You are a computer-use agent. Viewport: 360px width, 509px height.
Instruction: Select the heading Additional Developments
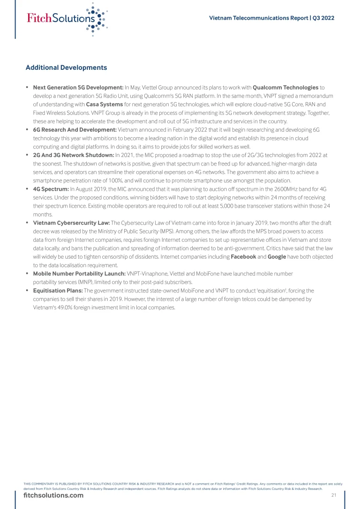66,67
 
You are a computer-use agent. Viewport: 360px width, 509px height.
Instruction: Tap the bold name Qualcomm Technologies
285,87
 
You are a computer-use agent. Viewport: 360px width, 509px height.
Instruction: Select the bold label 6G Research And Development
75,129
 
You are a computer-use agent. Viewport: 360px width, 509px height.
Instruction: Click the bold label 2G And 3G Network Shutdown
74,155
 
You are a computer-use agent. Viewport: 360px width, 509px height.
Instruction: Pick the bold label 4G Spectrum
51,188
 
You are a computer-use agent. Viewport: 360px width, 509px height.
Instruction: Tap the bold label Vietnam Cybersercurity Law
71,223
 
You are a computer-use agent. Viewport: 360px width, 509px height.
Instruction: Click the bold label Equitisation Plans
58,291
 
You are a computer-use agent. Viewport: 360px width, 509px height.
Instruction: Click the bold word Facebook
243,257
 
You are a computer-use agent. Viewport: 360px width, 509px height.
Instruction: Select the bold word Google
277,257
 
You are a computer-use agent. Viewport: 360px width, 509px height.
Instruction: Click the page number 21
334,495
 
